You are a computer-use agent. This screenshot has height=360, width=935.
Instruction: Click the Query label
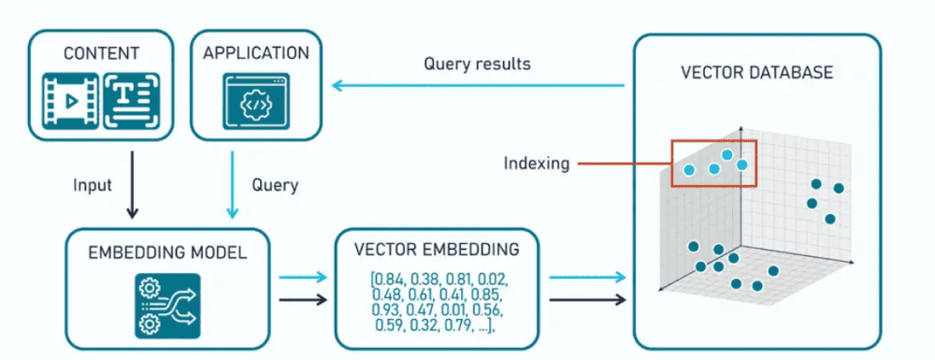pyautogui.click(x=276, y=184)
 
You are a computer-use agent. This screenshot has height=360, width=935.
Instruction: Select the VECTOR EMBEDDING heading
pyautogui.click(x=437, y=250)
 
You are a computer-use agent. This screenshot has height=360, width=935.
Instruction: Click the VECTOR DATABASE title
pyautogui.click(x=758, y=72)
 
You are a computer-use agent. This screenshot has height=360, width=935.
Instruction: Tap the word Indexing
pyautogui.click(x=537, y=164)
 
